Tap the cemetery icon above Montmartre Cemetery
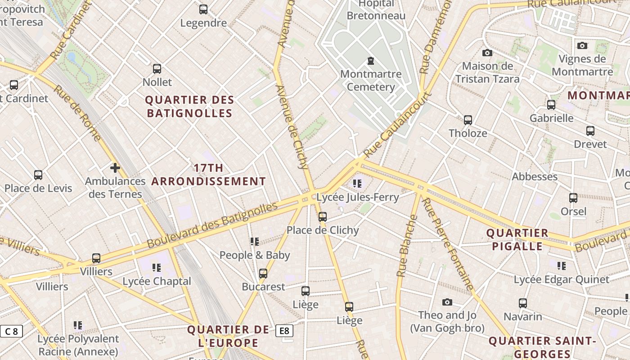[x=371, y=60]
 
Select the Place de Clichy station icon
[x=323, y=217]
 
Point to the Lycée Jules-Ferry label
[x=358, y=197]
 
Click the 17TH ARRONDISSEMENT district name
[x=208, y=175]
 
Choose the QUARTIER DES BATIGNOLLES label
[x=189, y=106]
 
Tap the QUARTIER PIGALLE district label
[x=517, y=239]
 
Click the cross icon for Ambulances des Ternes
[x=115, y=168]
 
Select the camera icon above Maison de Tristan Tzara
[x=487, y=53]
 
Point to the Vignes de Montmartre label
[x=582, y=65]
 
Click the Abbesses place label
[x=535, y=176]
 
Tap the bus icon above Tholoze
[x=468, y=120]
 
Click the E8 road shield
[x=284, y=331]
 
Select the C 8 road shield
[x=11, y=332]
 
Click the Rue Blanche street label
[x=407, y=246]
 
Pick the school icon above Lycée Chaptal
[x=157, y=268]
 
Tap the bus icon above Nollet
[x=157, y=69]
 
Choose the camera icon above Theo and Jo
[x=447, y=302]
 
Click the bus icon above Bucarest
[x=263, y=274]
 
